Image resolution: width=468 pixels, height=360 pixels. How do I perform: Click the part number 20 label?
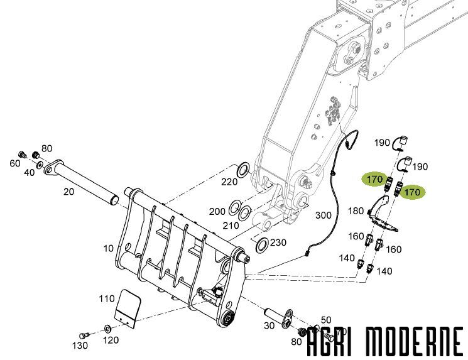pos(68,192)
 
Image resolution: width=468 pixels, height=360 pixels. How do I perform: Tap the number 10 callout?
pos(108,248)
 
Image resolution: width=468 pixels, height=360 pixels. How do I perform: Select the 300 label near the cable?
pos(324,215)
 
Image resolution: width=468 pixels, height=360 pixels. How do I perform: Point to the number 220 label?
pos(229,182)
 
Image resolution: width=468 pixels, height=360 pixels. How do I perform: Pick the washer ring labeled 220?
pos(243,169)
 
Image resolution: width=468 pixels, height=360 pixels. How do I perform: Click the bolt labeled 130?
pos(84,335)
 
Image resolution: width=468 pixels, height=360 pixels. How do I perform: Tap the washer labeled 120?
pos(107,329)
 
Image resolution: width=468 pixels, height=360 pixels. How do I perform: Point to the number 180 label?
pos(356,211)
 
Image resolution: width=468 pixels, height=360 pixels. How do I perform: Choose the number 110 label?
pos(107,298)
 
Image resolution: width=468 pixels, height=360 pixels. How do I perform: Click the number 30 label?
pos(269,325)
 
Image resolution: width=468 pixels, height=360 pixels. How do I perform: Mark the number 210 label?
pos(231,226)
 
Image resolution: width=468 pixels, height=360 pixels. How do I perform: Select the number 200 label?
pos(217,212)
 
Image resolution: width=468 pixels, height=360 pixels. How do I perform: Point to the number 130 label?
pos(80,346)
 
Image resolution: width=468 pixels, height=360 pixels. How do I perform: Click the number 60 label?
pos(15,163)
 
